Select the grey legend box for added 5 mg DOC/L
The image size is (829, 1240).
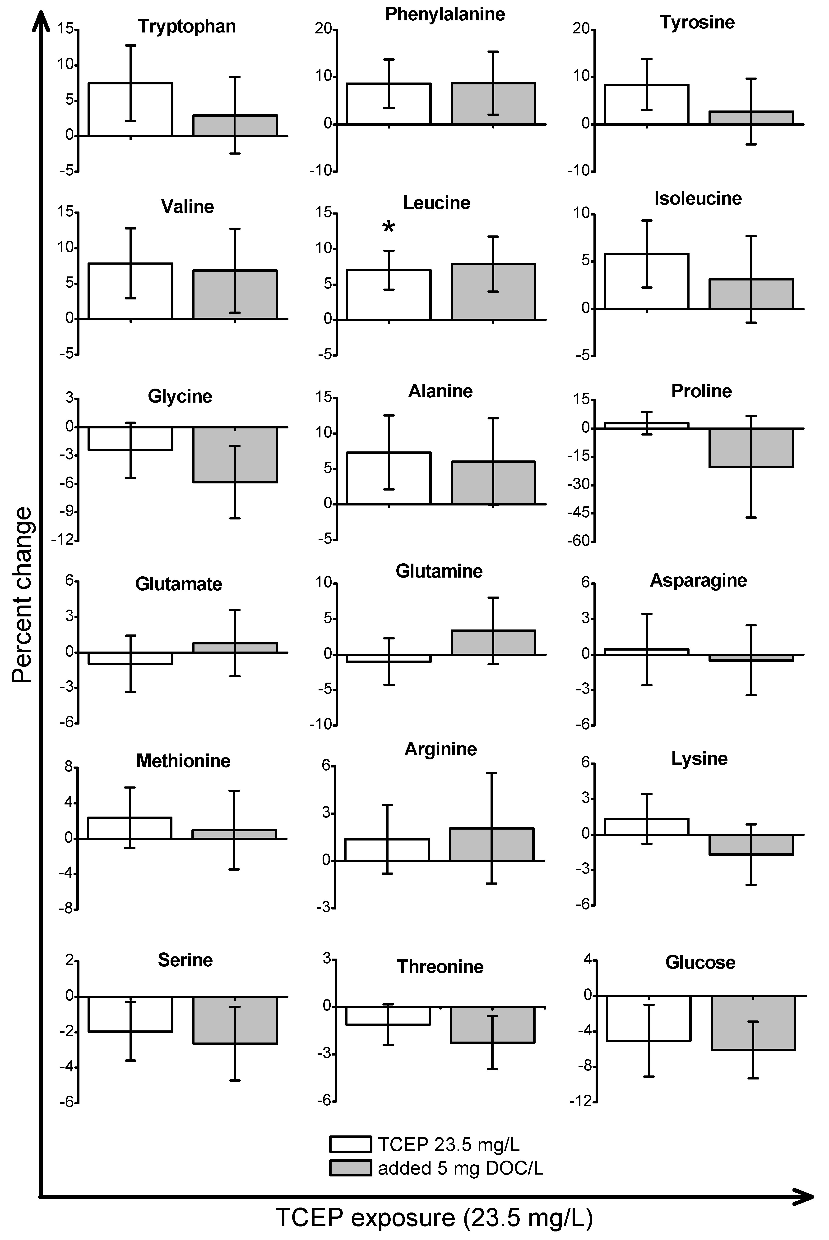pos(350,1168)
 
